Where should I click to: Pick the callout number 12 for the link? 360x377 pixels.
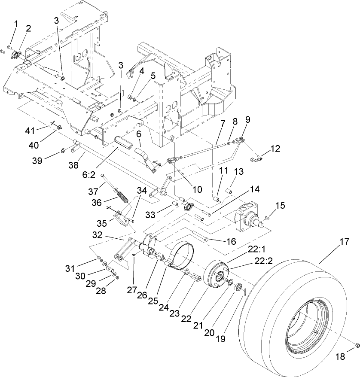(275, 149)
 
